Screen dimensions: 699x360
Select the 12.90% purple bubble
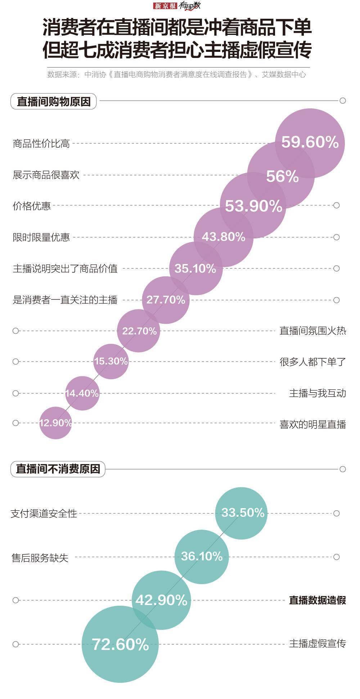pyautogui.click(x=55, y=423)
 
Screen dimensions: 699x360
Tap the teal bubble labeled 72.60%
pyautogui.click(x=120, y=644)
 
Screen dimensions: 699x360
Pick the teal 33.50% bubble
pyautogui.click(x=242, y=513)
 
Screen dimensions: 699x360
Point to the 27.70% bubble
pyautogui.click(x=166, y=300)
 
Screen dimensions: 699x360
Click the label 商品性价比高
pyautogui.click(x=41, y=144)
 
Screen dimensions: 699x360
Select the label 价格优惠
pyautogui.click(x=32, y=206)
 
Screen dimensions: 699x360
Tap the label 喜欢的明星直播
pyautogui.click(x=312, y=424)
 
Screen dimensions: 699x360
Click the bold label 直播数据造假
pyautogui.click(x=317, y=600)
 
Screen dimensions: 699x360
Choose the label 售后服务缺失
pyautogui.click(x=40, y=558)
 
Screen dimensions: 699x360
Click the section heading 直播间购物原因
pyautogui.click(x=54, y=102)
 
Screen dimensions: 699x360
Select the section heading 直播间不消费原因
pyautogui.click(x=58, y=469)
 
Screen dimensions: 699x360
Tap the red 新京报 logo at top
pyautogui.click(x=165, y=6)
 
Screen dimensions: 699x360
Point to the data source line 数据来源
pyautogui.click(x=176, y=75)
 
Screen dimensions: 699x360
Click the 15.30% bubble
pyautogui.click(x=111, y=361)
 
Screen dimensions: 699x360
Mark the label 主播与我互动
pyautogui.click(x=317, y=393)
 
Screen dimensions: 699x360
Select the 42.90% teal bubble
pyautogui.click(x=161, y=600)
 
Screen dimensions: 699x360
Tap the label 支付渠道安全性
pyautogui.click(x=44, y=514)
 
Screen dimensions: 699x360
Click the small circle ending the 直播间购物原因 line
pyautogui.click(x=343, y=100)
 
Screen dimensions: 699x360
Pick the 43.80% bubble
pyautogui.click(x=223, y=237)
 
